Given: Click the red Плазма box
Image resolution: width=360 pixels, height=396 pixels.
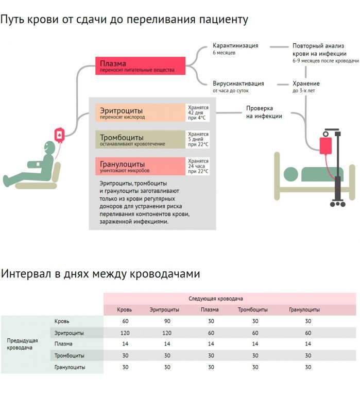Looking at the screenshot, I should click(x=140, y=66).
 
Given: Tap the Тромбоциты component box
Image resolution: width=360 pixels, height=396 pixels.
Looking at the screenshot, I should click(x=140, y=140).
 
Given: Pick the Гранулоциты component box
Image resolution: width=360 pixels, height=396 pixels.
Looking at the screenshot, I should click(x=140, y=166).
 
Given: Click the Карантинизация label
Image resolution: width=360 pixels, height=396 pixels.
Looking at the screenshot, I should click(x=235, y=46).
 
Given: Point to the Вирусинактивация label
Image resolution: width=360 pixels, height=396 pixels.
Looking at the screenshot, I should click(x=238, y=84).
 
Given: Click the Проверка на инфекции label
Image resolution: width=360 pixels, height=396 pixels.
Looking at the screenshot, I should click(x=264, y=112).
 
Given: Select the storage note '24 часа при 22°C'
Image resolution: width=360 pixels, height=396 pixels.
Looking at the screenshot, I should click(x=198, y=166).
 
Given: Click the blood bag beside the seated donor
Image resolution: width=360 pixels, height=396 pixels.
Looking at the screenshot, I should click(x=60, y=134).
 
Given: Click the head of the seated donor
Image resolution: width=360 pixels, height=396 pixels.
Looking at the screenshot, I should click(x=48, y=147).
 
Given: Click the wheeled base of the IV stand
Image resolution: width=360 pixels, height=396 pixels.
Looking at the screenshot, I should click(x=338, y=202).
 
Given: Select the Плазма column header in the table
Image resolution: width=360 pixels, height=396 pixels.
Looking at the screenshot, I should click(x=210, y=310).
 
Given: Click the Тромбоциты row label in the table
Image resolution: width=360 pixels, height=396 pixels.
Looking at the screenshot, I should click(x=70, y=355).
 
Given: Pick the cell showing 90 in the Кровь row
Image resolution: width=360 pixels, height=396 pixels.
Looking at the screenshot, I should click(x=167, y=321).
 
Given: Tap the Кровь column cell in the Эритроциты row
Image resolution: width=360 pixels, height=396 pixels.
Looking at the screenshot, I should click(x=125, y=333).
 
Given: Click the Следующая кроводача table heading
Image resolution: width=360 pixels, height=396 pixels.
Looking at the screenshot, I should click(x=215, y=299).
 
